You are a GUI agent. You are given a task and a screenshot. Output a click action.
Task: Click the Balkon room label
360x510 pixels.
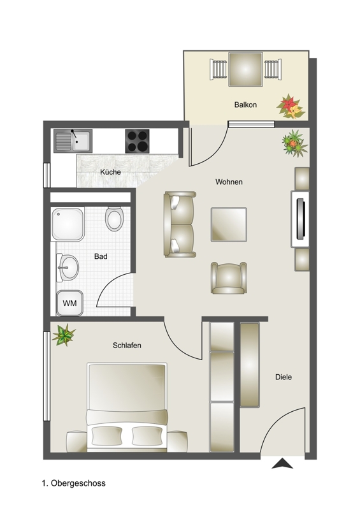click(245, 105)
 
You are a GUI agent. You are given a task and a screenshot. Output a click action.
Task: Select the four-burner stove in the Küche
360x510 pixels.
click(137, 141)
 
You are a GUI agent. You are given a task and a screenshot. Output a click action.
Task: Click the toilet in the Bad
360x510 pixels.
click(115, 219)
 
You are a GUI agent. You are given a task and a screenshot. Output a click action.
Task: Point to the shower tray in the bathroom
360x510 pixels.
click(68, 224)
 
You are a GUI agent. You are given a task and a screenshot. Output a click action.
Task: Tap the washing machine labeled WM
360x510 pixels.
click(69, 303)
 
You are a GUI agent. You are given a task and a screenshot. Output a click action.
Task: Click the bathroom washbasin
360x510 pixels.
click(68, 268)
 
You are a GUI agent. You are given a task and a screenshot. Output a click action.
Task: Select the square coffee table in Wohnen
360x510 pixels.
click(229, 224)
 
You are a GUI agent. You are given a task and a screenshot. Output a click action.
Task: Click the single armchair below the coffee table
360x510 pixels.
click(229, 278)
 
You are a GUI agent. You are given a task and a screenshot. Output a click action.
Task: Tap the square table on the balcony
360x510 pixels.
click(245, 69)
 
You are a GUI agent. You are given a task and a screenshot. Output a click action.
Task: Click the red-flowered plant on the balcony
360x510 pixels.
click(291, 106)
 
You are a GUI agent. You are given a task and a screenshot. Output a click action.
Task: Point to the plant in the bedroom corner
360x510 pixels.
click(64, 335)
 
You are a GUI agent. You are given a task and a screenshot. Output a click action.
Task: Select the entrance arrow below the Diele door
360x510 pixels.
click(282, 463)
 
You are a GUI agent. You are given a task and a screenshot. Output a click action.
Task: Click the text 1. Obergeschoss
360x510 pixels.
click(73, 483)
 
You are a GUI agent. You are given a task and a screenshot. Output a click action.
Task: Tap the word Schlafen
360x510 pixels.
click(127, 346)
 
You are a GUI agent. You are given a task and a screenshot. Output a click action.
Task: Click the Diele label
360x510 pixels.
click(284, 377)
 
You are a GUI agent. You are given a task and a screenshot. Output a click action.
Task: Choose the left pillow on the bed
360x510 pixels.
click(107, 436)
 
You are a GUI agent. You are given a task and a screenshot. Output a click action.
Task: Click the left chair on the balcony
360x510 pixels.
click(218, 69)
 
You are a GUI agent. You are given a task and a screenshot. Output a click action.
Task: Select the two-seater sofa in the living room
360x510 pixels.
click(180, 224)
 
